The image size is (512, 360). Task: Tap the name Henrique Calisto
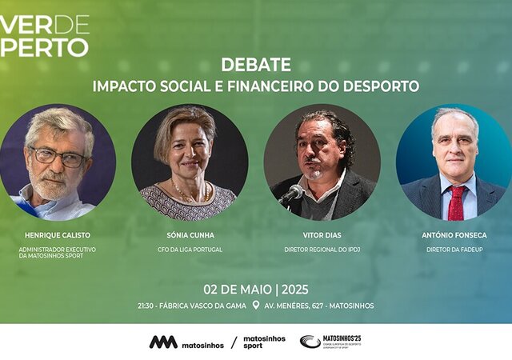pos(58,236)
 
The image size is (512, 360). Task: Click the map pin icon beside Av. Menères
pos(256,305)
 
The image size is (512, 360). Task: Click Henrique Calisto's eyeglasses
pos(58,156)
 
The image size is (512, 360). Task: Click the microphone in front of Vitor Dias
pos(294,192)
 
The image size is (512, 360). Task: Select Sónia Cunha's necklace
pos(189,192)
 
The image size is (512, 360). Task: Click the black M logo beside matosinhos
pos(162,342)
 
